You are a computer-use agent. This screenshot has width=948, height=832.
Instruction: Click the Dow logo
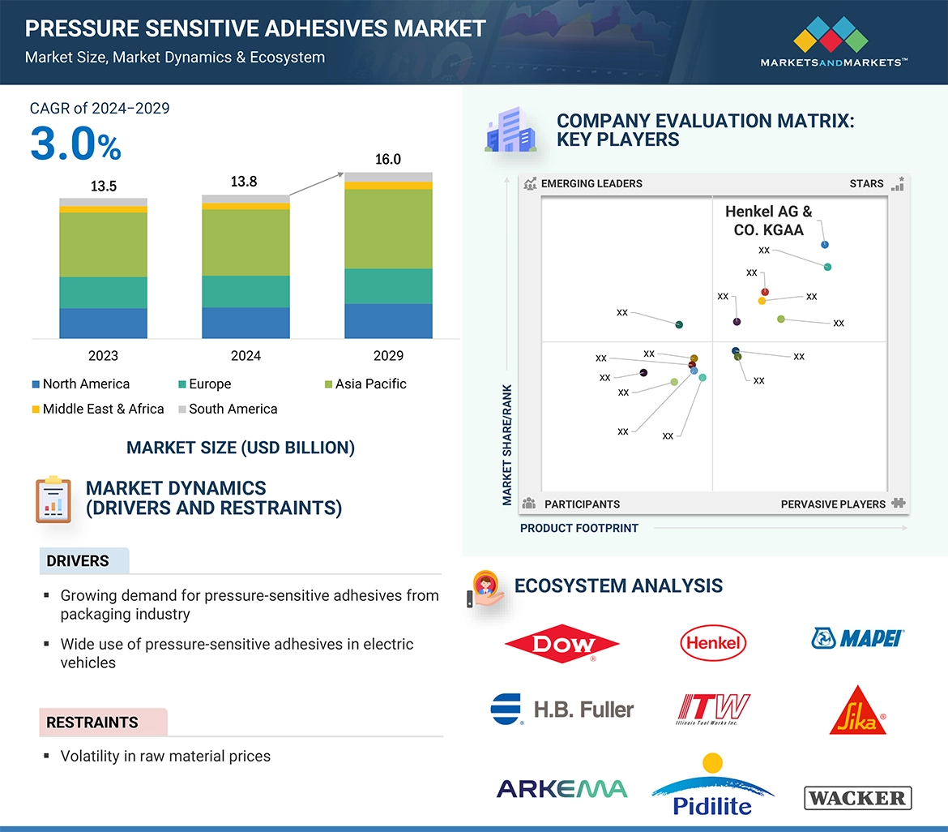click(562, 644)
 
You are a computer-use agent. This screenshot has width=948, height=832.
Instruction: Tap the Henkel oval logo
click(713, 643)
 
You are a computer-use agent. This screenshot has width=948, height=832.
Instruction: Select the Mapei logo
click(857, 638)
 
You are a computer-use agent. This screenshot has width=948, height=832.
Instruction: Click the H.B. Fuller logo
click(562, 709)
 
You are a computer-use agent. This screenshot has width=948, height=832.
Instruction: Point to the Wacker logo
click(857, 798)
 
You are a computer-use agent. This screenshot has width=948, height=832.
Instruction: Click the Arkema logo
click(562, 788)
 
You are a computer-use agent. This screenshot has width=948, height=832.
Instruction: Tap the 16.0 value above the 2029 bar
click(388, 159)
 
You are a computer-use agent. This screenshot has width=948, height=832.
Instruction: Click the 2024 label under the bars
click(246, 355)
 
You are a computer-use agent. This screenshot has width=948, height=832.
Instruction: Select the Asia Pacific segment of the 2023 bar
click(103, 244)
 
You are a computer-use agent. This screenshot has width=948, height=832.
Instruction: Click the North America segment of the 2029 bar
click(388, 321)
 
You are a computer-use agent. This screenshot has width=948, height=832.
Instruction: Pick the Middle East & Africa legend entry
click(97, 409)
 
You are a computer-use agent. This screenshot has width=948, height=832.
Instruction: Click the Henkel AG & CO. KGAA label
click(768, 221)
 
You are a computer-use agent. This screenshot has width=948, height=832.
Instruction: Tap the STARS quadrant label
click(866, 183)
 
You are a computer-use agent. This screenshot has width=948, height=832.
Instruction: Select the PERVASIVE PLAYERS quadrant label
click(833, 504)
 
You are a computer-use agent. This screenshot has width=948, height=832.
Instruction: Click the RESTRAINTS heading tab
click(92, 723)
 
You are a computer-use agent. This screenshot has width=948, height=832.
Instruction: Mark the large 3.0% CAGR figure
click(75, 144)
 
